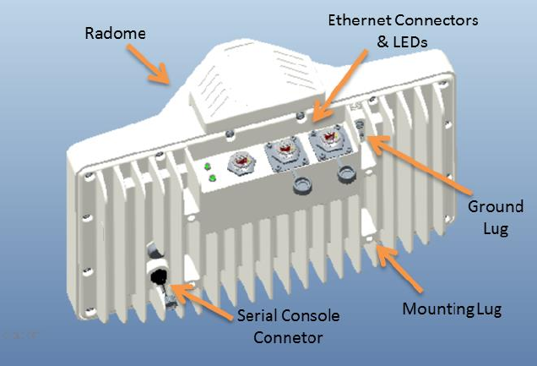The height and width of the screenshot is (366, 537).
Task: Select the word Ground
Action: click(x=496, y=206)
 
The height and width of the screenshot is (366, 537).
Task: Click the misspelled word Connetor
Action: click(x=286, y=338)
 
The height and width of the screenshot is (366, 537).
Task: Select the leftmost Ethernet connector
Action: click(x=241, y=161)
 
